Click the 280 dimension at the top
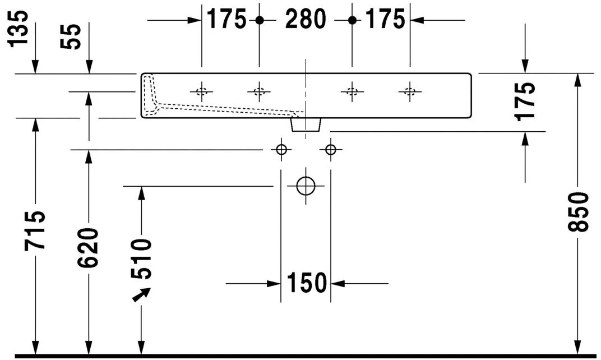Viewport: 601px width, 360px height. [x=306, y=20]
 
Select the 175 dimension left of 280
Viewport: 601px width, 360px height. [x=226, y=20]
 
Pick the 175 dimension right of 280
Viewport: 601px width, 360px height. [x=385, y=20]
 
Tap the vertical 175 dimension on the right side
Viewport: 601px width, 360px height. [x=525, y=101]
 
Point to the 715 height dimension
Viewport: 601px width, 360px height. [x=35, y=230]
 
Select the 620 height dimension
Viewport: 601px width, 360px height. [x=89, y=247]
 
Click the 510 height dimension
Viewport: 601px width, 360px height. [x=141, y=259]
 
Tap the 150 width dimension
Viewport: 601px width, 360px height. [x=306, y=283]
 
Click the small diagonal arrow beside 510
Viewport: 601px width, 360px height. [x=142, y=294]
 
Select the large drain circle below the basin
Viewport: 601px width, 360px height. [x=306, y=186]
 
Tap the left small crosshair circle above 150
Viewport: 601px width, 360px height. [x=281, y=150]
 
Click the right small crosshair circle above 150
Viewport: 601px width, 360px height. [x=330, y=150]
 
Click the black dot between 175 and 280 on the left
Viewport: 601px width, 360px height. [x=259, y=20]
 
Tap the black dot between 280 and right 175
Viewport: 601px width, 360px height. [x=352, y=20]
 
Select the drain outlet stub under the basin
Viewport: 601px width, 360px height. [x=306, y=124]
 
